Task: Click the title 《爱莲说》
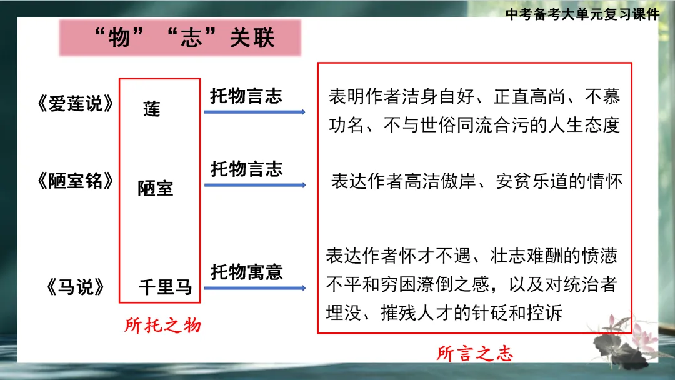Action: [x=76, y=104]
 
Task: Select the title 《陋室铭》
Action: [x=76, y=181]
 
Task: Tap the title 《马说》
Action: [x=76, y=287]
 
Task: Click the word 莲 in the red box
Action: [x=152, y=109]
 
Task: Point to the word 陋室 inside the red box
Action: [x=156, y=188]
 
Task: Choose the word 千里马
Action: [x=165, y=287]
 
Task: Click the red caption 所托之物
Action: [x=162, y=326]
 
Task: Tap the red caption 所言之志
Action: [x=475, y=354]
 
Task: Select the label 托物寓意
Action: [x=246, y=272]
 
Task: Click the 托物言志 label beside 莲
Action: [x=246, y=96]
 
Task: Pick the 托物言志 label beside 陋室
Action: [x=246, y=169]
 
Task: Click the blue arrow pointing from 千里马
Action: [x=254, y=288]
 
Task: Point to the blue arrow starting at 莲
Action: [x=254, y=112]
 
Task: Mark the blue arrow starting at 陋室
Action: [x=254, y=185]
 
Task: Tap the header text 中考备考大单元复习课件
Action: [x=582, y=14]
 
